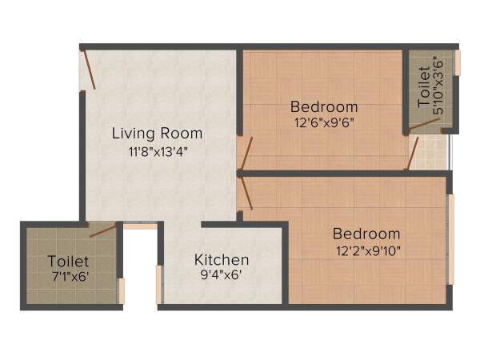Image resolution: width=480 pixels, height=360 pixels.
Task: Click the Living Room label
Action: click(x=157, y=133)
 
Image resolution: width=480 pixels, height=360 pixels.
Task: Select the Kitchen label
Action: click(x=222, y=260)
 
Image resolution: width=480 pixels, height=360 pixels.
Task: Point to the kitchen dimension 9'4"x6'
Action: click(x=222, y=275)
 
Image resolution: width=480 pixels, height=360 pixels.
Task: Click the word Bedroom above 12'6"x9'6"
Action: click(x=324, y=106)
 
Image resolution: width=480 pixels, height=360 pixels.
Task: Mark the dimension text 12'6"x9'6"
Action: click(x=324, y=122)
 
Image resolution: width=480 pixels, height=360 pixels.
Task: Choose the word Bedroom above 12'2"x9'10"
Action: click(x=366, y=234)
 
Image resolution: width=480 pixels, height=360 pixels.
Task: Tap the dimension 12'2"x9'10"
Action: click(x=366, y=250)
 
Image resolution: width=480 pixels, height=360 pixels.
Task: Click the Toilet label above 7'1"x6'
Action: click(x=68, y=261)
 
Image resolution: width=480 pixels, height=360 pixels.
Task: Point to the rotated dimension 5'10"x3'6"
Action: click(x=438, y=93)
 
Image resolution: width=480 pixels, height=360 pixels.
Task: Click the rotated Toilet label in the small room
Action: click(x=423, y=93)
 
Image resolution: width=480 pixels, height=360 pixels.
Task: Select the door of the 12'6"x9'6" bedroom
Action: click(x=246, y=154)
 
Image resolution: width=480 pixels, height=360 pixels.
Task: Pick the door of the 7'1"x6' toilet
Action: click(x=102, y=231)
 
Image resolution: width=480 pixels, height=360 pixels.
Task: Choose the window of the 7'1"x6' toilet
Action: click(x=122, y=290)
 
